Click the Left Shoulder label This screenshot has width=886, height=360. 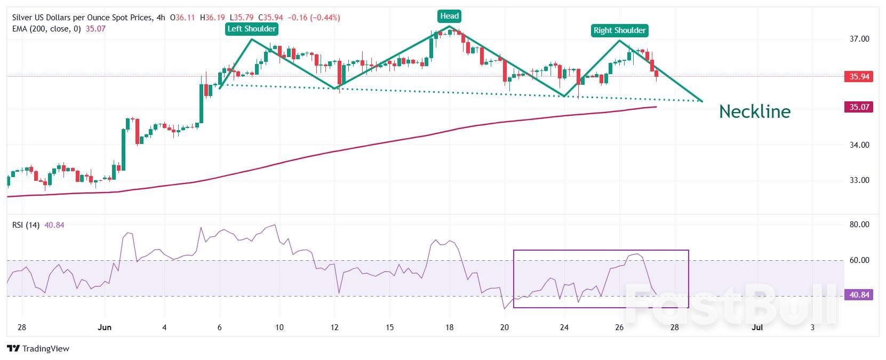252,29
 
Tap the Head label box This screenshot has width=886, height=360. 449,16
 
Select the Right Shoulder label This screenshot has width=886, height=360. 619,30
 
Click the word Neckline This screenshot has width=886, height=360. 754,111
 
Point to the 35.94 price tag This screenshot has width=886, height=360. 859,76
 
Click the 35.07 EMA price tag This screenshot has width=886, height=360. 859,107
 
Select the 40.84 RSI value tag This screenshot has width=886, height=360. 859,294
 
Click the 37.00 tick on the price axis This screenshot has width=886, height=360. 859,39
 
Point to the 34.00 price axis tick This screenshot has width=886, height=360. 859,145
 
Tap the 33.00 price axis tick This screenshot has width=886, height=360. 859,180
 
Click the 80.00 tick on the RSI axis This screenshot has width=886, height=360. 859,225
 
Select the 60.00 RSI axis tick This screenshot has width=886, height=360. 859,260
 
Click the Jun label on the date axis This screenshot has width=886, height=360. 105,327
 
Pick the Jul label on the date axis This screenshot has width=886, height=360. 757,327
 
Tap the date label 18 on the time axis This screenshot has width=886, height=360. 449,327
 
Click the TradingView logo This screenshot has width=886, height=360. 38,349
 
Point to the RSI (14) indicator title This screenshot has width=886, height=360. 26,225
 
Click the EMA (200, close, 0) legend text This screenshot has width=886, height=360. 46,29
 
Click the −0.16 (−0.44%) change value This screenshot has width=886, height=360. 314,18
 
